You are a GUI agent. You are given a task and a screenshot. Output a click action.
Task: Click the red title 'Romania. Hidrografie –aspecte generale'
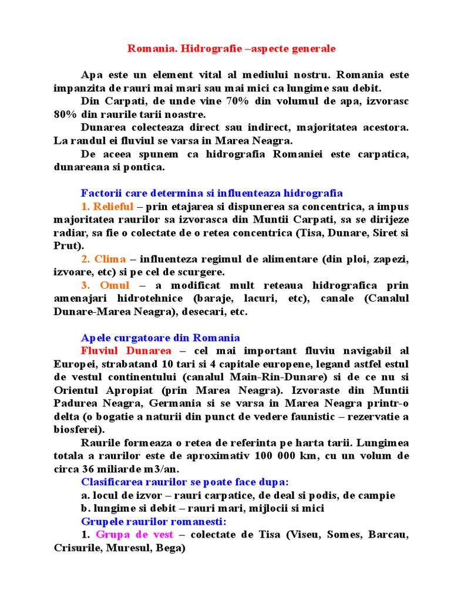click(232, 49)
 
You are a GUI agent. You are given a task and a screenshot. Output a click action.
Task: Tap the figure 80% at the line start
click(66, 114)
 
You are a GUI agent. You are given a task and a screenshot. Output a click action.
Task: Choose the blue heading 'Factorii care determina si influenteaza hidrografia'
click(211, 193)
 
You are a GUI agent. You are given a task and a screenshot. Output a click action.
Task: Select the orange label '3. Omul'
click(106, 285)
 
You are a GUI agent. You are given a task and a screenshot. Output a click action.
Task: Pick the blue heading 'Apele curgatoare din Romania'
click(160, 337)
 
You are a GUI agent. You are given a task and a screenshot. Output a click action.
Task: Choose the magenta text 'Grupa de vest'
click(134, 535)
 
